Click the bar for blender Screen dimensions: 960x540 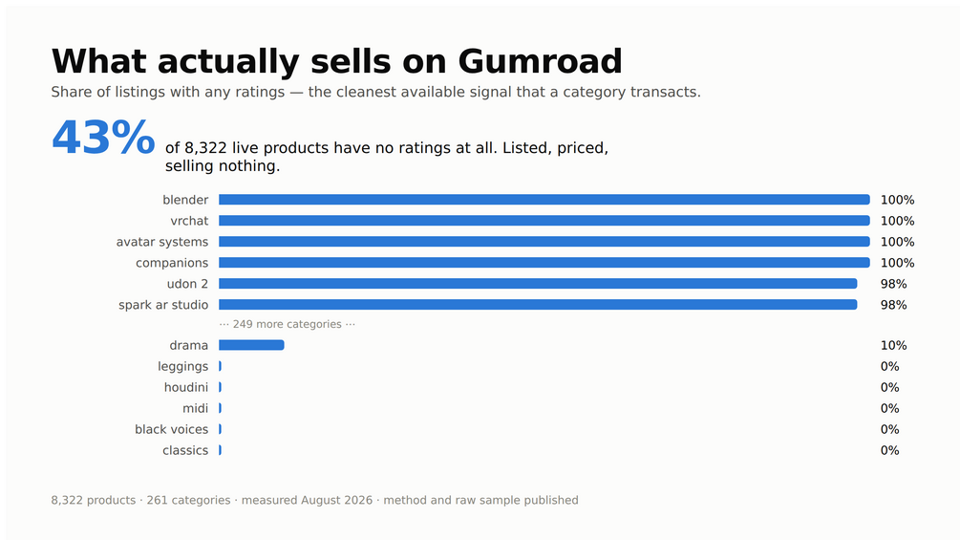544,200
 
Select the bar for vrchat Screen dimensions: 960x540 544,221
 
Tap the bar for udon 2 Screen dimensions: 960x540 538,284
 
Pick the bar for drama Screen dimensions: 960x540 251,345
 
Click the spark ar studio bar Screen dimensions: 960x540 538,304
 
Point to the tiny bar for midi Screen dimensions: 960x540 221,408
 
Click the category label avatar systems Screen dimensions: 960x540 162,242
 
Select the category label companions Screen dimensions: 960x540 172,263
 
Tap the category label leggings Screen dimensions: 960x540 183,367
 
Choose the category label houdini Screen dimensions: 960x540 186,387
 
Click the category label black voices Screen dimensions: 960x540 171,429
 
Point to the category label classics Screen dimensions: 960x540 185,450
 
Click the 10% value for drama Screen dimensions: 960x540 893,345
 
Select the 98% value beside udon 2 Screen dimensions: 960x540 893,284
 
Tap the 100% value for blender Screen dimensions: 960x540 897,200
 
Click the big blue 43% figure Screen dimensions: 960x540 103,138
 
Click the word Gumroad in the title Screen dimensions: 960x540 540,61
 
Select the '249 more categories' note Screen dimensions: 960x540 288,324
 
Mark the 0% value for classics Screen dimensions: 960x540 889,450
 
